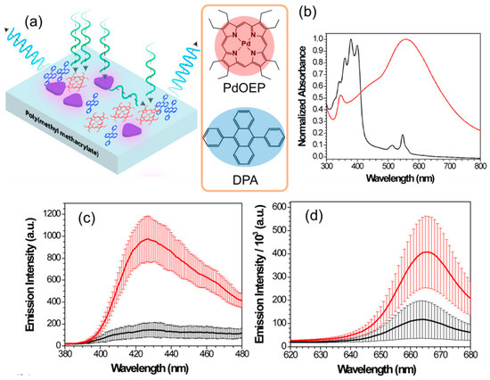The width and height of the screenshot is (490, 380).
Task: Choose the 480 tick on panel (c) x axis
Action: click(237, 351)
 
